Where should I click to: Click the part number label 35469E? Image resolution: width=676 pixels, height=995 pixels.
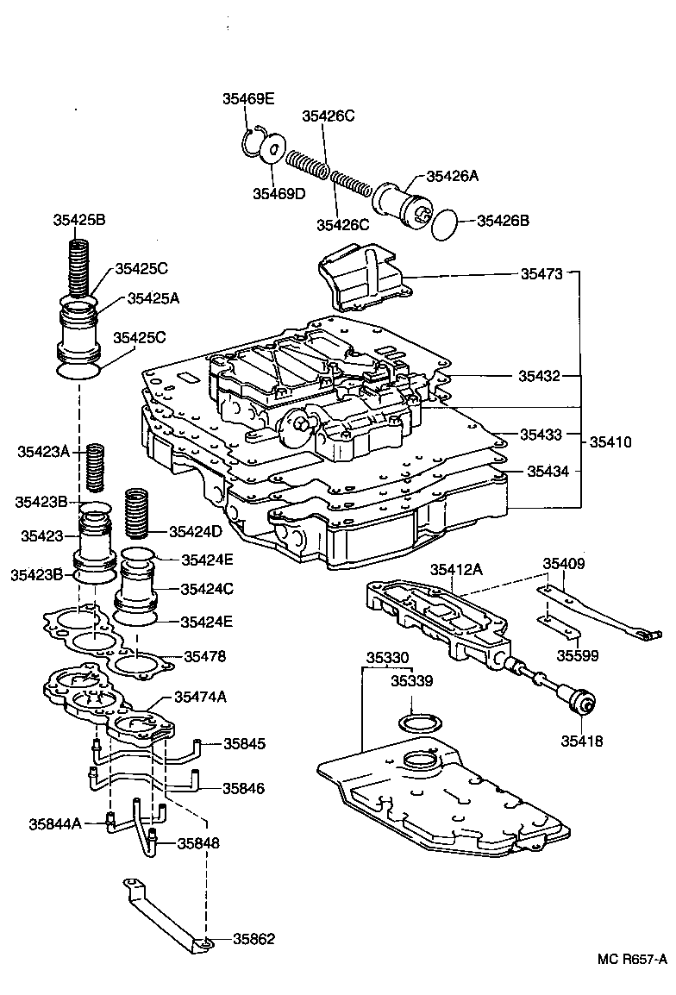[248, 99]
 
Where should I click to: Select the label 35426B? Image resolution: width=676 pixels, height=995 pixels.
[504, 221]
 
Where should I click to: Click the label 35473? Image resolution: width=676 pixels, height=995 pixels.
[541, 274]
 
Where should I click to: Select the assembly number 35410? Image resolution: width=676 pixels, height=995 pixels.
[610, 442]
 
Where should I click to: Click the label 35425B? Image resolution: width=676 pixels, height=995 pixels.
[78, 220]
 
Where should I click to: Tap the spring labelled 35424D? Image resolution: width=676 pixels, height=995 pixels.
[138, 513]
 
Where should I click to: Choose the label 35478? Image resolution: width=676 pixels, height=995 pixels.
[204, 656]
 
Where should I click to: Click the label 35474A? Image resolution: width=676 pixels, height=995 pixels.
[200, 697]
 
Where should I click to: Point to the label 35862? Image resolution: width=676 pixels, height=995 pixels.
[253, 939]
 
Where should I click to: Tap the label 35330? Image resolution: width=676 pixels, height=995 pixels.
[386, 657]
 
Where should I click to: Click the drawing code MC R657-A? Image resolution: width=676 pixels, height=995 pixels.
[633, 958]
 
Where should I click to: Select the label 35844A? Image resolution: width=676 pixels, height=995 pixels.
[55, 823]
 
